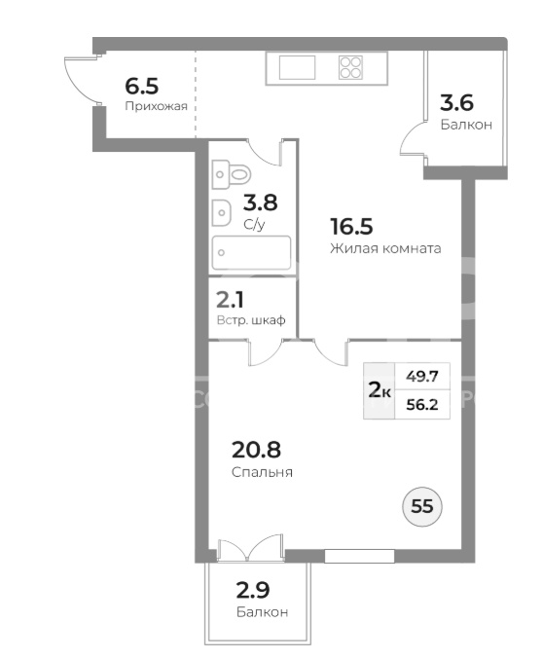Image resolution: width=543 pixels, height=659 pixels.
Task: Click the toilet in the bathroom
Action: (232, 174)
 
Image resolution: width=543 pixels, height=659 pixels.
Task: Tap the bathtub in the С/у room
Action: (251, 252)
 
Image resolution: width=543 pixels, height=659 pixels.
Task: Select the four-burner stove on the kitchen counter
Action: (351, 68)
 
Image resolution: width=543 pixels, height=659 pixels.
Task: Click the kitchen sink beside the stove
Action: (297, 67)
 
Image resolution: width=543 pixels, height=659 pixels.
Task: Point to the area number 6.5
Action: (142, 87)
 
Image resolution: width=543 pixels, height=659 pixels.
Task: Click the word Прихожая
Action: (156, 106)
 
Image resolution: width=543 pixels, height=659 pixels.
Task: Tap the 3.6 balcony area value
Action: (456, 103)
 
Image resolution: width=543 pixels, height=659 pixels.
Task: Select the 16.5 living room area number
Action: (351, 227)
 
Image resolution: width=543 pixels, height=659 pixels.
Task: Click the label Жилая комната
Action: (385, 248)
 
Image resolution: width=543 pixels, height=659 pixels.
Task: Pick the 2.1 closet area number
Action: (230, 300)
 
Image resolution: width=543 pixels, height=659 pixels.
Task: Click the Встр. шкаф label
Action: (251, 320)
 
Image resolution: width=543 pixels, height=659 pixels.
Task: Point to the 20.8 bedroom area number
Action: (256, 450)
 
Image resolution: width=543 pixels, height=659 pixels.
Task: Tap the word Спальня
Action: (262, 472)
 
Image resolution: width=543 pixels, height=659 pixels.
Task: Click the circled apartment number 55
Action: (422, 506)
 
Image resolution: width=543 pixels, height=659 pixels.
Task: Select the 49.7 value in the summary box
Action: (422, 377)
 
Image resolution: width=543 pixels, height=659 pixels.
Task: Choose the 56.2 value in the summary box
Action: (422, 405)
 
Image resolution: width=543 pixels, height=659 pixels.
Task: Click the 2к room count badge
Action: (380, 391)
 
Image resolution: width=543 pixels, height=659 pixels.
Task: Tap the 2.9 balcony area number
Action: (253, 590)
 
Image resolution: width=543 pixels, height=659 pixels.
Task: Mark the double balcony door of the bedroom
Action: (250, 548)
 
